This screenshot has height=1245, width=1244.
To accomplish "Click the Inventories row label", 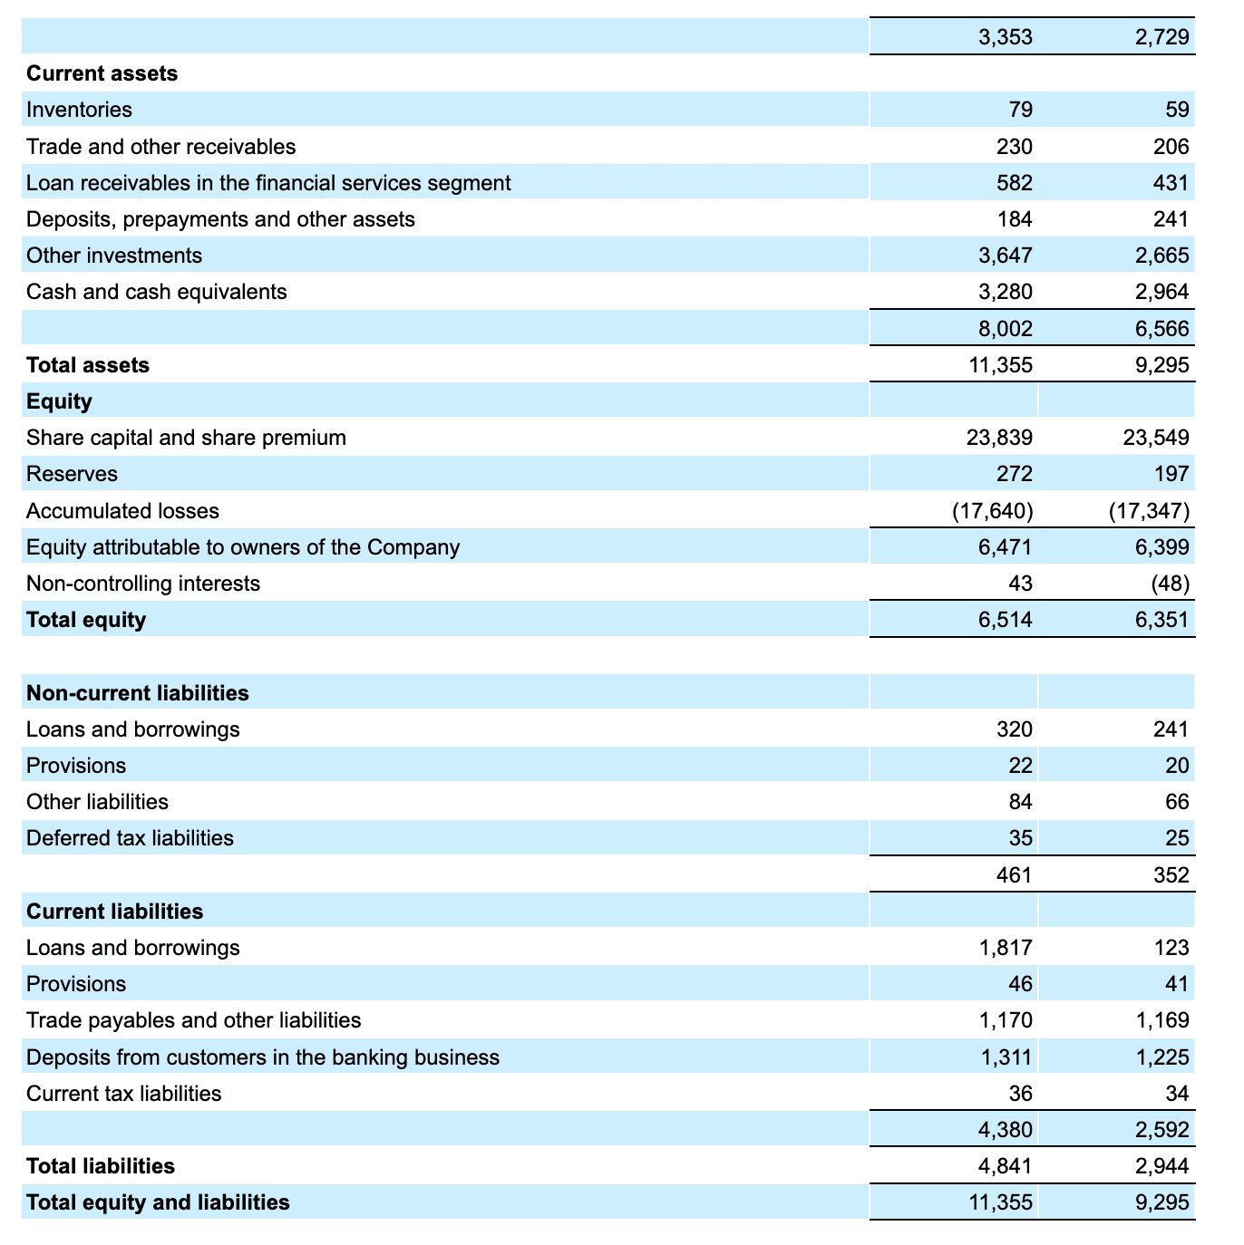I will coord(80,110).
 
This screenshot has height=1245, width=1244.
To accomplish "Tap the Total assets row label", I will coord(88,365).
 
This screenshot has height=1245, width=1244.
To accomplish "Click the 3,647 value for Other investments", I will coord(1006,256).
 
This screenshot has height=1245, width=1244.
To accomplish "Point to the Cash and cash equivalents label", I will coord(157,292).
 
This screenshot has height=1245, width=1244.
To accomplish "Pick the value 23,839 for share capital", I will coord(1000,438).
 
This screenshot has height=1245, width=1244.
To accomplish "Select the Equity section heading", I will coord(60,401).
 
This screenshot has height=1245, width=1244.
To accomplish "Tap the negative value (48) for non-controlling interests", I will coord(1171,584).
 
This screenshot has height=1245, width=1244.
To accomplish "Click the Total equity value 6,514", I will coord(1006,620).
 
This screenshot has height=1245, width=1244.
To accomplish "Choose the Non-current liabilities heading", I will coord(138,693).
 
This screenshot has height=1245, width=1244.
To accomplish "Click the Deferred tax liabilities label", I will coord(130,838).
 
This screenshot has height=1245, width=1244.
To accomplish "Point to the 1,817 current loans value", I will coord(1006,948).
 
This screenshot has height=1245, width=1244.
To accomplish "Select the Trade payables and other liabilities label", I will coord(194,1020).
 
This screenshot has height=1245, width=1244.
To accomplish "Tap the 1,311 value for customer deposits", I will coord(1006,1057).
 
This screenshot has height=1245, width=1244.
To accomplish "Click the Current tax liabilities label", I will coord(124,1094).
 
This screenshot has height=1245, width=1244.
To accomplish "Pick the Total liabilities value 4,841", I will coord(1006,1166).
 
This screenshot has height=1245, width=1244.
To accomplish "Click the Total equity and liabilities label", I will coord(159,1202).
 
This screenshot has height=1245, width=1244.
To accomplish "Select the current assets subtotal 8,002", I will coord(1006,328).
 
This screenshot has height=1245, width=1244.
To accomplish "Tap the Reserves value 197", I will coord(1172,474).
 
